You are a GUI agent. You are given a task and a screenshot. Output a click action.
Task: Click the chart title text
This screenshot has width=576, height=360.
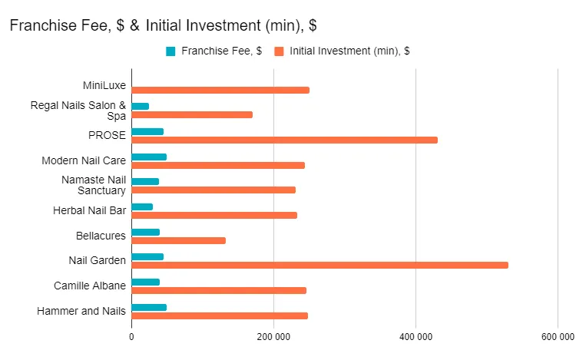pos(163,25)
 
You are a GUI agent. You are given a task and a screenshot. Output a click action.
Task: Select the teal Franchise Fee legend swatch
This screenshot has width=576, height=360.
pos(170,51)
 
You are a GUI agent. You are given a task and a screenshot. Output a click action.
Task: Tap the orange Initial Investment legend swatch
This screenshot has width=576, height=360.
pos(280,51)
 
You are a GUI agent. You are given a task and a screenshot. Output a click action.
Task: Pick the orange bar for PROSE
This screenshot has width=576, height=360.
pos(284,140)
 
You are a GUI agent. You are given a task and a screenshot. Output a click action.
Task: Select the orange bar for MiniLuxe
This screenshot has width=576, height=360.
pos(220,90)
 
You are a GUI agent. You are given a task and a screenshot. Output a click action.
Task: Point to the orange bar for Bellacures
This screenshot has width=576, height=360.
pos(178,240)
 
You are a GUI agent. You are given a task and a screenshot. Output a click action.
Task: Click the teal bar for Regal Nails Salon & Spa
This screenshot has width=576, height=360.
pos(141,106)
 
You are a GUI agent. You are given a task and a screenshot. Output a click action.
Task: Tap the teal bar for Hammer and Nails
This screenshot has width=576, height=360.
pos(149,307)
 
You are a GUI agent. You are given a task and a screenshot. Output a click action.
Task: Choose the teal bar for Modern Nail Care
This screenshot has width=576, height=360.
pos(149,157)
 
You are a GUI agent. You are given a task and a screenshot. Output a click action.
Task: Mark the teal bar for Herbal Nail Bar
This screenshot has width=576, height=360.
pos(142,206)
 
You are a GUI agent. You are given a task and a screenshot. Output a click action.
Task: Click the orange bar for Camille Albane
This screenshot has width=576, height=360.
pos(219,290)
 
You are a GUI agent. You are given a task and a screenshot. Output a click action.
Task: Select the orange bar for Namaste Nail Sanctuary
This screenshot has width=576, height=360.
pos(214,190)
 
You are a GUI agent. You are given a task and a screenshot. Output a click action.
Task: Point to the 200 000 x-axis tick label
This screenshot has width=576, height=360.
pos(273,336)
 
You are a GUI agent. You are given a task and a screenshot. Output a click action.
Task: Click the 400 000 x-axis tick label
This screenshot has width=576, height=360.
pos(415,336)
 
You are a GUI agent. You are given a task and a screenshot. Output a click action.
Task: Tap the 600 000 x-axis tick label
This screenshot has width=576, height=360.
pos(557,336)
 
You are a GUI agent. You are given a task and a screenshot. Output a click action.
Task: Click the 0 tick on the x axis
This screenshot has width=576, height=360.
pos(131,336)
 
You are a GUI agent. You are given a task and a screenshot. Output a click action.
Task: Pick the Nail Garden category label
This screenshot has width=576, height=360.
pos(97,260)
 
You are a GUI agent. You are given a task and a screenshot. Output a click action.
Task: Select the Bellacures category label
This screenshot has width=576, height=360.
pos(101,236)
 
